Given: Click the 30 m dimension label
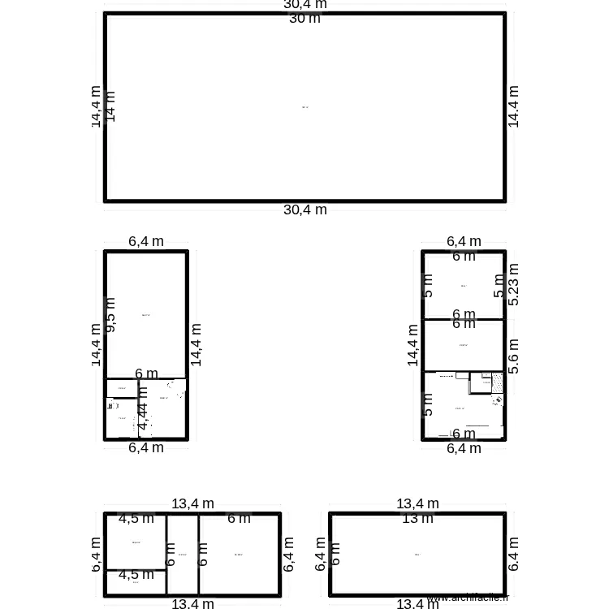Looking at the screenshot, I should tap(304, 19).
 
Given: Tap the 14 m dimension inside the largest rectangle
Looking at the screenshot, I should tap(111, 106).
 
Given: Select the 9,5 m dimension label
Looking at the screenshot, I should tap(111, 314).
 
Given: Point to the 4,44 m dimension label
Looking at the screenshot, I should tap(143, 408).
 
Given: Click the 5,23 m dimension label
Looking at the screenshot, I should tap(513, 284).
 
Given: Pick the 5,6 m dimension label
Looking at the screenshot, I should tap(513, 356).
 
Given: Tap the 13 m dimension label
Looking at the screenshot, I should tap(417, 519).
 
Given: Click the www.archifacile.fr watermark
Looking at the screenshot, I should tap(468, 598).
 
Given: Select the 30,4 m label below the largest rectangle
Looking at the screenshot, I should tap(305, 209).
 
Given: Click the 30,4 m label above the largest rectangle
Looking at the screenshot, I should tap(305, 4).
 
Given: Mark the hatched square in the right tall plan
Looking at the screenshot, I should tap(497, 383).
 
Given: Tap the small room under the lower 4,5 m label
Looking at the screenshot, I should tap(136, 582).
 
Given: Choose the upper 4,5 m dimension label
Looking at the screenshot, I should tap(136, 518).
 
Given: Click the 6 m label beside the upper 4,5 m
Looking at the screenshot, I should tap(238, 518).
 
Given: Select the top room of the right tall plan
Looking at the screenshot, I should tap(464, 286).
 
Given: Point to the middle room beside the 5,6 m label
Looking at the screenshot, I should tap(464, 346).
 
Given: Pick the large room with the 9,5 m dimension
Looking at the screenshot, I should tap(147, 315).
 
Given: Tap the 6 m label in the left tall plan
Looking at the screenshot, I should tap(146, 374).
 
